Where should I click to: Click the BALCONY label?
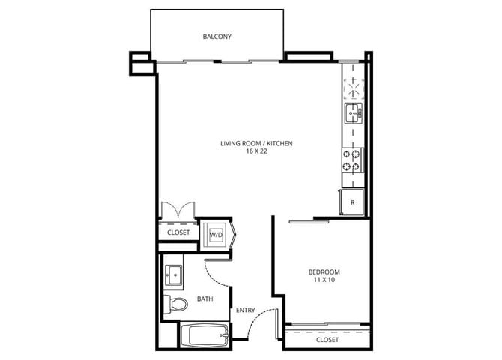click(x=217, y=37)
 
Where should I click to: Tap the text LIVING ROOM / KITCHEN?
click(x=255, y=142)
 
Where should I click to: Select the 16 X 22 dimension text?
click(x=255, y=151)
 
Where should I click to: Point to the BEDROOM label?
click(x=324, y=271)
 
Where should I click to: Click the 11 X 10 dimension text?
click(x=324, y=280)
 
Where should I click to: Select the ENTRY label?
click(x=245, y=310)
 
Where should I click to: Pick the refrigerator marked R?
click(x=352, y=202)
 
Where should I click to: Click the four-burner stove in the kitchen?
click(x=352, y=160)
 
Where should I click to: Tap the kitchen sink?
click(x=352, y=114)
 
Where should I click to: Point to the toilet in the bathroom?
click(x=177, y=304)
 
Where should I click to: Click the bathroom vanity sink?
click(x=175, y=274)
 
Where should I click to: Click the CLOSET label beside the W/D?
click(x=178, y=233)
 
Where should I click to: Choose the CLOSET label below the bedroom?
click(x=327, y=339)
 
